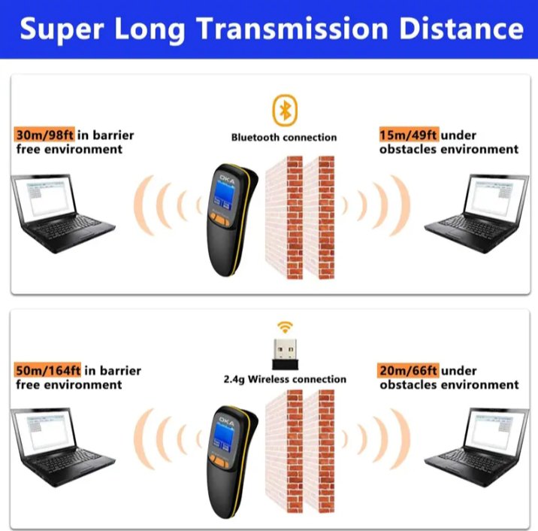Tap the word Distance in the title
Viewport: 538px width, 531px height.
click(462, 28)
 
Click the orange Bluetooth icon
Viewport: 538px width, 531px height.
click(285, 111)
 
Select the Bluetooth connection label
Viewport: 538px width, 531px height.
click(284, 138)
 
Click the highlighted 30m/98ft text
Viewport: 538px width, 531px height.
click(44, 135)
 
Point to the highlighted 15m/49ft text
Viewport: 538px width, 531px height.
click(409, 135)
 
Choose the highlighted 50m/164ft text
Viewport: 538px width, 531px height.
click(47, 370)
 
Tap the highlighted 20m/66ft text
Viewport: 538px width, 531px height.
click(408, 370)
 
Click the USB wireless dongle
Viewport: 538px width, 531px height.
click(285, 354)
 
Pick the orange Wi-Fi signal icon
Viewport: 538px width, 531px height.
click(285, 327)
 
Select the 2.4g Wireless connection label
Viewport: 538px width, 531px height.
click(285, 379)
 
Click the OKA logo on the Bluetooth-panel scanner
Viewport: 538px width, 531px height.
click(227, 179)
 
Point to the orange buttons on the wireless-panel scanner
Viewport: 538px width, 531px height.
click(219, 460)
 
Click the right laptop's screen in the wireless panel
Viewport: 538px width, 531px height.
click(497, 429)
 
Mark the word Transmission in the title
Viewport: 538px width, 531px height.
click(292, 28)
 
